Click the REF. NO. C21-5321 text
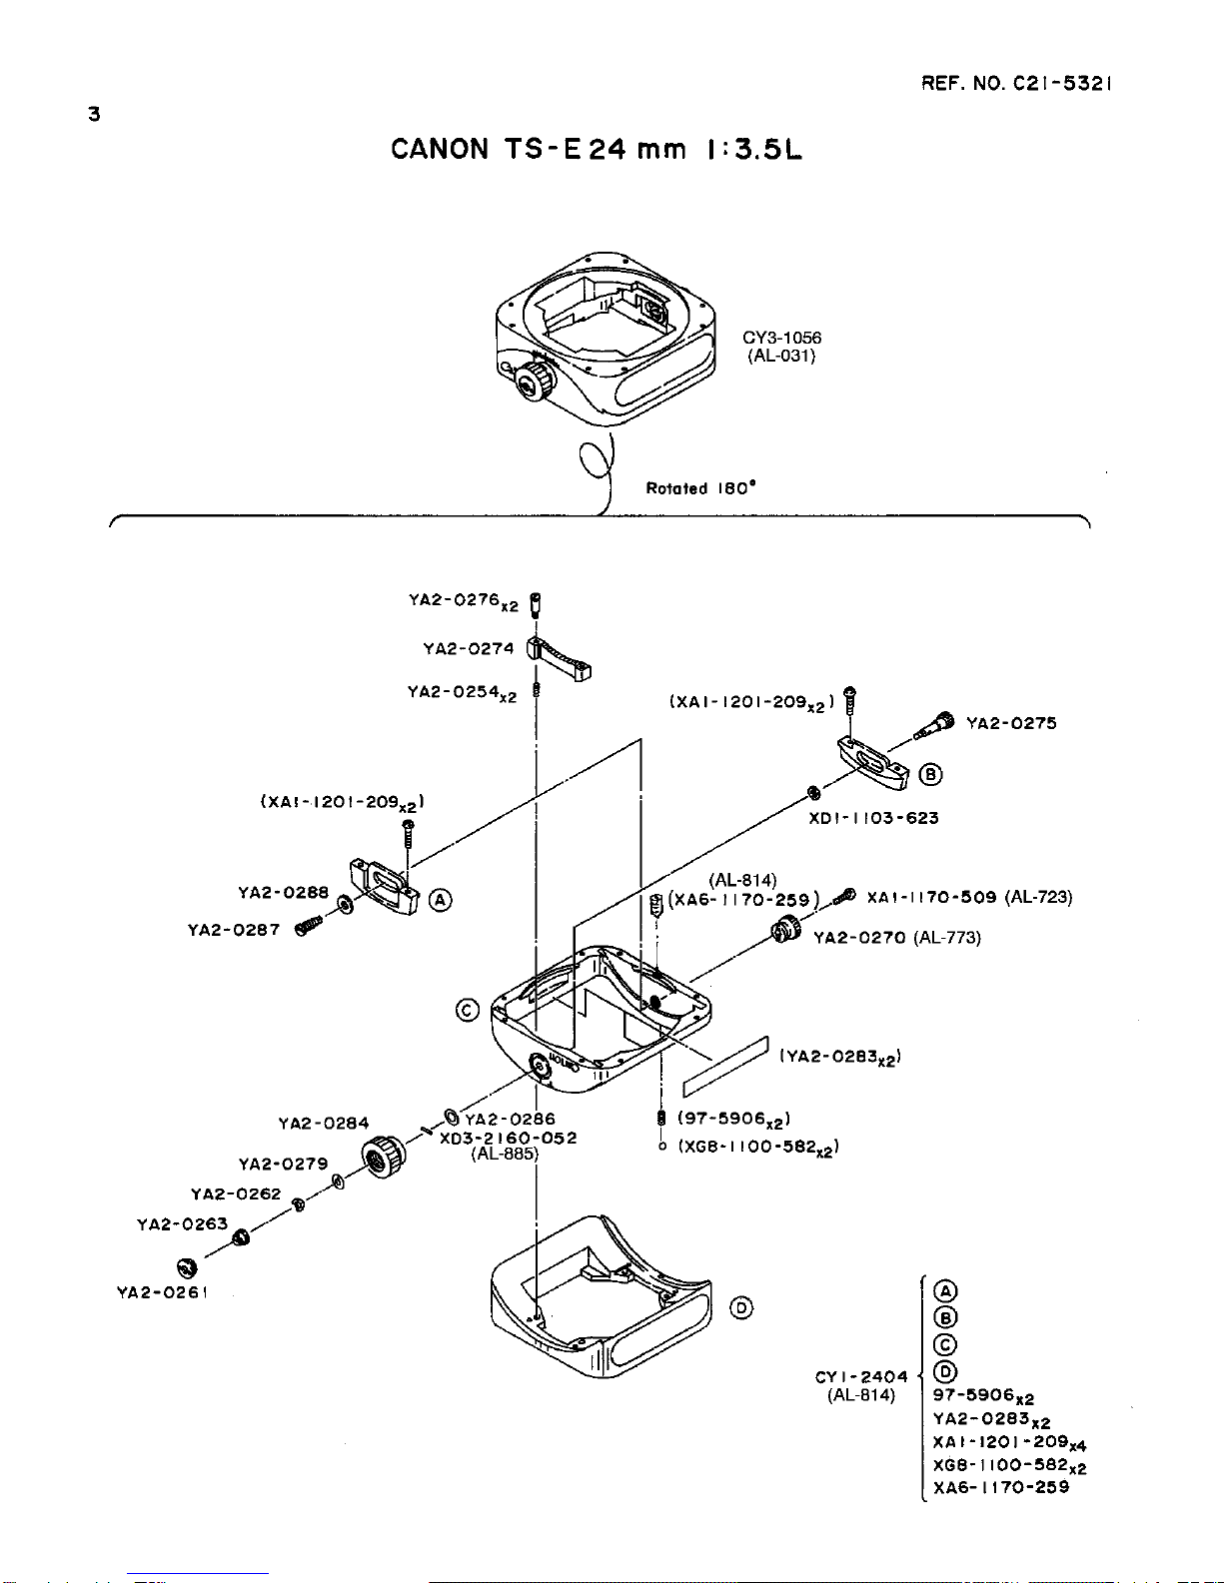click(1016, 83)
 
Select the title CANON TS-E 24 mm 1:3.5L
click(596, 150)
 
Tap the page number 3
click(94, 115)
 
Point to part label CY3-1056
click(781, 338)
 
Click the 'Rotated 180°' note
click(700, 488)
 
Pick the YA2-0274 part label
click(469, 648)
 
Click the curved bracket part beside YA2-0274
click(559, 658)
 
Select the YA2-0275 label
click(1011, 723)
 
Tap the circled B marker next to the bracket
click(930, 774)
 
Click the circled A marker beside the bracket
click(440, 901)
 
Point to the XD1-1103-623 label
click(873, 818)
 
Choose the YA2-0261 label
click(163, 1292)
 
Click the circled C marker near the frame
click(467, 1011)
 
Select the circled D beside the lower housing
click(741, 1308)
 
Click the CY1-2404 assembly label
click(861, 1377)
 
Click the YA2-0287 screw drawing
click(308, 926)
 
